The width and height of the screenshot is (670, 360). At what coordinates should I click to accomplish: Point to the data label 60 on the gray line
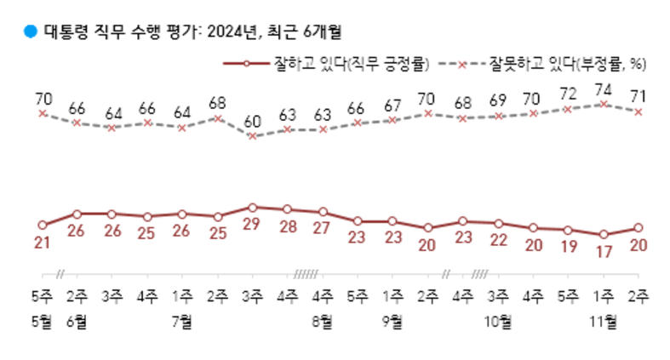click(252, 122)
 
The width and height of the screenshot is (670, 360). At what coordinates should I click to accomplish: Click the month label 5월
click(42, 322)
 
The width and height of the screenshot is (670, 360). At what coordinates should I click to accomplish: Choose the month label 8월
click(323, 322)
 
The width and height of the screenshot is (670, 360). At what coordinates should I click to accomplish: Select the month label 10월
click(498, 322)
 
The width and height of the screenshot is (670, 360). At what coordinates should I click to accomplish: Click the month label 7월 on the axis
click(182, 322)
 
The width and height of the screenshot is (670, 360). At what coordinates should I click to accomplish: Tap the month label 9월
click(392, 322)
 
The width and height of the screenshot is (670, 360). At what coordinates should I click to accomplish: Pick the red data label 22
click(498, 239)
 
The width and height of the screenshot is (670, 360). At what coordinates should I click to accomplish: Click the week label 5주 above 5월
click(42, 297)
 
